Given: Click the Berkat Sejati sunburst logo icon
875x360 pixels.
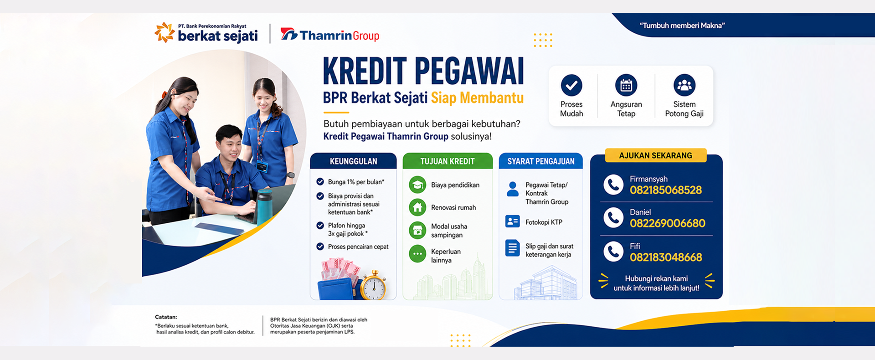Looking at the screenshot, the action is click(x=165, y=32).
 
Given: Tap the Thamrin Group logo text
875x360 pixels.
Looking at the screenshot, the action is click(x=339, y=36).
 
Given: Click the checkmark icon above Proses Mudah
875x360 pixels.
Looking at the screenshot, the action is click(x=571, y=85).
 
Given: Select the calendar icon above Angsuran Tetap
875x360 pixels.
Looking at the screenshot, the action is click(x=626, y=85).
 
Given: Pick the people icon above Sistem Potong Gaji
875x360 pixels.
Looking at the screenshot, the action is click(x=685, y=85).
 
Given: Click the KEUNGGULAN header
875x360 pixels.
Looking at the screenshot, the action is click(x=354, y=161).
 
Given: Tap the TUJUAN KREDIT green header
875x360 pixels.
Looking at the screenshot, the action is click(x=448, y=161).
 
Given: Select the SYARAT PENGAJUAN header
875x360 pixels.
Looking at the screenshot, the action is click(x=541, y=161).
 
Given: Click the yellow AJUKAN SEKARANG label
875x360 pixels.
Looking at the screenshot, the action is click(x=656, y=155).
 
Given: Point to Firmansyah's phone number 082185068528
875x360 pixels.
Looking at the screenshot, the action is click(x=666, y=190).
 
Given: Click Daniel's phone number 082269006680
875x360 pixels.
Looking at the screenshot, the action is click(x=668, y=223).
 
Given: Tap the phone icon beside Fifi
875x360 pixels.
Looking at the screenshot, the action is click(x=613, y=252).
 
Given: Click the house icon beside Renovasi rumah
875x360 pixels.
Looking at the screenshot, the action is click(x=417, y=207).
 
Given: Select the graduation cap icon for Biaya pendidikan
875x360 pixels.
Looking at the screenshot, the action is click(x=417, y=185).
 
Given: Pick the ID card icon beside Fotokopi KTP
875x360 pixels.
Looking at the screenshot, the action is click(x=513, y=221).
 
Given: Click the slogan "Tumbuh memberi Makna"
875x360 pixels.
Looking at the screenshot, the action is click(x=682, y=26).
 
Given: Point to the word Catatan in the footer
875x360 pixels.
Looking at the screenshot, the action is click(x=166, y=317).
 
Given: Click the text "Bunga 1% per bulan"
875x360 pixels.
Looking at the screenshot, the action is click(x=356, y=182).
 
